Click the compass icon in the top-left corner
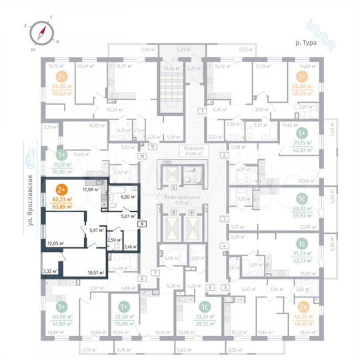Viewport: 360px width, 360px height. pos(45,31)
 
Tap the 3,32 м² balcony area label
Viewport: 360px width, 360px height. pos(49,271)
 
